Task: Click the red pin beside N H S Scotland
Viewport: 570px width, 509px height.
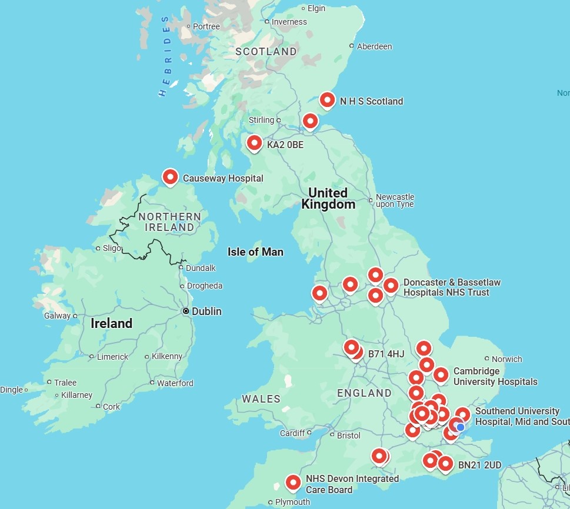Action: click(327, 100)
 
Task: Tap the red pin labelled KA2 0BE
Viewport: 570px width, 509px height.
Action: click(254, 143)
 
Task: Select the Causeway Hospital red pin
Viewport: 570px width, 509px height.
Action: click(170, 176)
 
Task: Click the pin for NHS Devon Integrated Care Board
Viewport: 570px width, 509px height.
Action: click(293, 482)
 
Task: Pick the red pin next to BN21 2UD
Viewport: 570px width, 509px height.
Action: click(445, 464)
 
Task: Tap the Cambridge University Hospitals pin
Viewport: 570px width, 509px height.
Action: click(441, 374)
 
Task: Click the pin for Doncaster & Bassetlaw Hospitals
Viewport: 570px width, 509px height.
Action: click(391, 286)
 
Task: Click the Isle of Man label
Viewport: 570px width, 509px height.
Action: click(255, 252)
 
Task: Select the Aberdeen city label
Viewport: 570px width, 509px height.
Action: click(374, 46)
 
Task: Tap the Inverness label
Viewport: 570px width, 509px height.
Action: click(289, 22)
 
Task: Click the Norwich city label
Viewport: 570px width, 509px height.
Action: click(506, 359)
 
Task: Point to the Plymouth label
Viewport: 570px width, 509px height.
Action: click(292, 502)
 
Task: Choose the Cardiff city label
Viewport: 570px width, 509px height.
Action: click(292, 433)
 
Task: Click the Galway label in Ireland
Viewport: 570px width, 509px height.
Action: click(57, 316)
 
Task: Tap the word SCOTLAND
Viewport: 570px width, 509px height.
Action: click(266, 52)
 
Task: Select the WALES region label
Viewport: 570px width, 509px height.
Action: click(261, 399)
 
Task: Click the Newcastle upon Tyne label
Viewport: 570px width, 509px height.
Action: click(395, 200)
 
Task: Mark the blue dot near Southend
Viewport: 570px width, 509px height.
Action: click(461, 427)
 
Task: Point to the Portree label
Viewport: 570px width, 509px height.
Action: click(206, 26)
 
